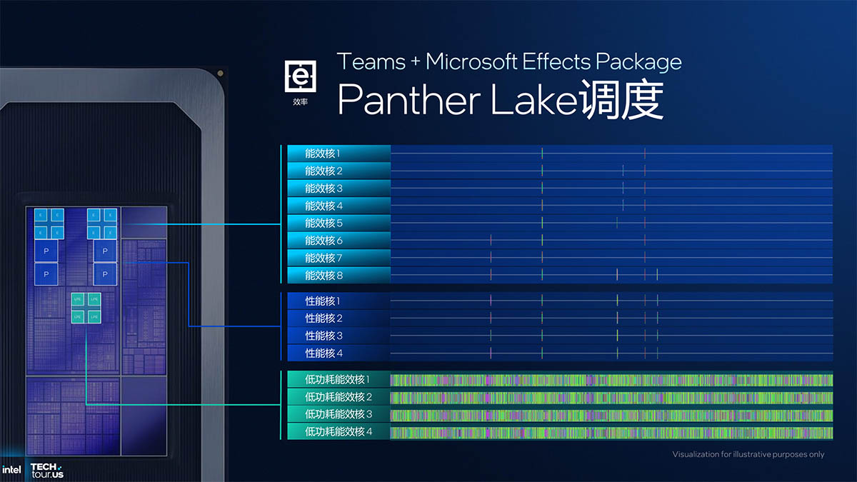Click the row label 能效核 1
point(323,154)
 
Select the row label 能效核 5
point(324,224)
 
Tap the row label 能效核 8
point(324,276)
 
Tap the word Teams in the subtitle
point(371,61)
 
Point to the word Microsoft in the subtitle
point(471,61)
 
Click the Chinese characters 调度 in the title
point(621,100)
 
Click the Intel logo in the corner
point(11,470)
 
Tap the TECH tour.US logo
point(47,470)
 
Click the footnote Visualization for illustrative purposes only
point(748,454)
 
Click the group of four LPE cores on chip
point(86,307)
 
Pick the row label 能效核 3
point(324,189)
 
